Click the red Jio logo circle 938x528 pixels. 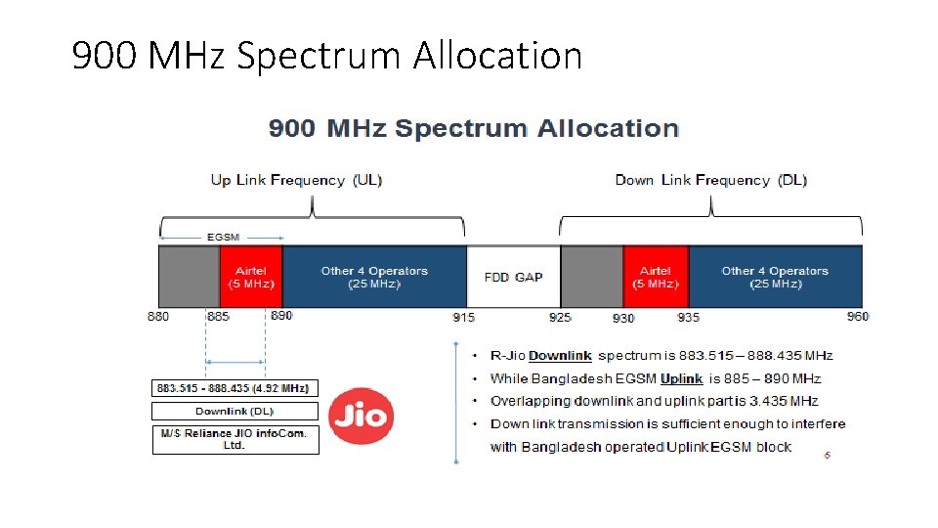tap(361, 418)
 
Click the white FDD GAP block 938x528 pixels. tap(513, 277)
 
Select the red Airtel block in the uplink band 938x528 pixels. tap(250, 277)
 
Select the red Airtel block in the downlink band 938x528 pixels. tap(655, 277)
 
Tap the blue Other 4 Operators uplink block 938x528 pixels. tap(374, 277)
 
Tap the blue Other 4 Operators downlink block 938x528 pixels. tap(775, 277)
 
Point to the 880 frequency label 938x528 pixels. tap(158, 316)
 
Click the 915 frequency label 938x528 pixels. tap(463, 317)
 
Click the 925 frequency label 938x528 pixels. tap(560, 317)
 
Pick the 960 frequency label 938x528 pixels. tap(858, 316)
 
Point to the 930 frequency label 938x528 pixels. tap(623, 318)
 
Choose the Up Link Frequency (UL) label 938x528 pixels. tap(297, 180)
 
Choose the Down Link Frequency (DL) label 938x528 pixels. tap(710, 180)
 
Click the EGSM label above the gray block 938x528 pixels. tap(223, 237)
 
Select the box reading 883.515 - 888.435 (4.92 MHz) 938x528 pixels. tap(234, 388)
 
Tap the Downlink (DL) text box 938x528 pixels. tap(234, 412)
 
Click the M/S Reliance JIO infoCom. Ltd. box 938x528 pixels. tap(234, 439)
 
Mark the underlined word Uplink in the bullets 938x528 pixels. tap(681, 378)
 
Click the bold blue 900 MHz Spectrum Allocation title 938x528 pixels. tap(474, 128)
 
